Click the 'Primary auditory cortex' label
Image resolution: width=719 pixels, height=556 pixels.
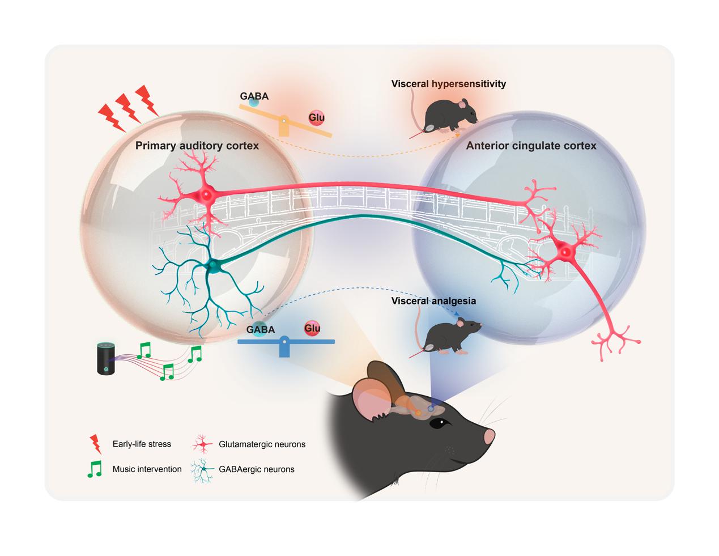[197, 146]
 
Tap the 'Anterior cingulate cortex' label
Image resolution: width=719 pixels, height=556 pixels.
[531, 146]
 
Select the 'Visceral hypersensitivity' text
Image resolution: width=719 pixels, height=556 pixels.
[448, 84]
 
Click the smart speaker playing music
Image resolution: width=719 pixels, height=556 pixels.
[105, 358]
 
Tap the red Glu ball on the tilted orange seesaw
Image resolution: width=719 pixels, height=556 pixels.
[316, 118]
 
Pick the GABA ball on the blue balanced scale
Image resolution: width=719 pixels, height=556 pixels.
[260, 329]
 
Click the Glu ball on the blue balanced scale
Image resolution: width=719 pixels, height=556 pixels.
[312, 328]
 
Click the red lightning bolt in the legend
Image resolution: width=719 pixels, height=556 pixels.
[96, 444]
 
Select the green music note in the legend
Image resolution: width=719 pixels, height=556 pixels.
[95, 468]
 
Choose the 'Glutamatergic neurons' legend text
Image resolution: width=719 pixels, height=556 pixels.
[262, 444]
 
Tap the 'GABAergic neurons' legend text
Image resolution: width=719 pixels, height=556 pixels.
[256, 469]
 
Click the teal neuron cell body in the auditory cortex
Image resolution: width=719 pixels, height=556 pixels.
[213, 264]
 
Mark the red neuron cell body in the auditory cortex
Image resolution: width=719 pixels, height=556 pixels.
[206, 195]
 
